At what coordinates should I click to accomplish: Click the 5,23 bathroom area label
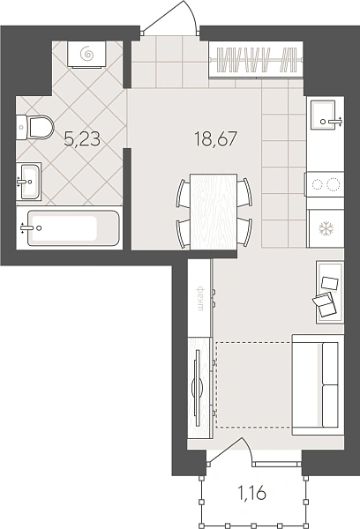tap(82, 139)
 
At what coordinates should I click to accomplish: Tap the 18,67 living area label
tap(216, 138)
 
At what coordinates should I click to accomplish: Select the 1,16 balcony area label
tap(252, 494)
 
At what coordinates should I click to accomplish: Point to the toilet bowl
tap(35, 127)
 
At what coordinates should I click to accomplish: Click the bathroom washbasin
tap(29, 182)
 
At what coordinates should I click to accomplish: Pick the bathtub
tap(70, 228)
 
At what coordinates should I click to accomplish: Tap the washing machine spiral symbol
tap(87, 53)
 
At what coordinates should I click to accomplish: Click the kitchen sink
tap(325, 115)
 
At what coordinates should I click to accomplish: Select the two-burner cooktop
tap(325, 184)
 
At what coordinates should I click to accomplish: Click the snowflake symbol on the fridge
tap(326, 228)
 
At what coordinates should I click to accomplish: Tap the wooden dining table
tap(214, 212)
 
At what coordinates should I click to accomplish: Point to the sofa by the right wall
tap(318, 384)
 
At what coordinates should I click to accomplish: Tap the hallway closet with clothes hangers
tap(256, 60)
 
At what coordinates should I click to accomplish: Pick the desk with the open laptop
tap(330, 292)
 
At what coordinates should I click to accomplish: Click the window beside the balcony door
tap(276, 465)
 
